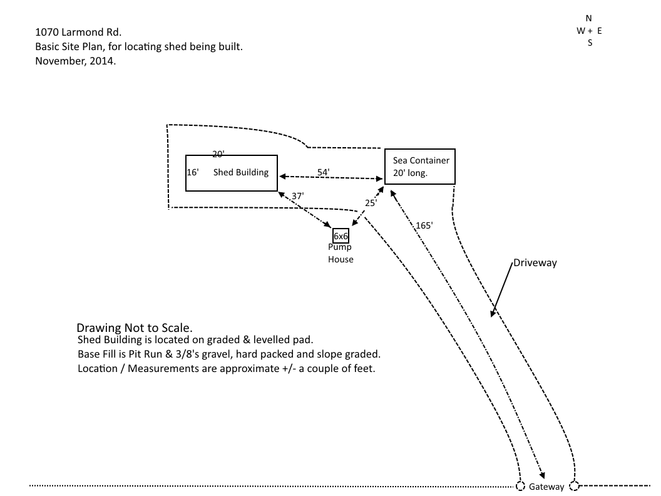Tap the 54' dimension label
324,172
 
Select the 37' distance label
297,196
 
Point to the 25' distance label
371,203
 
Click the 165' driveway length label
424,225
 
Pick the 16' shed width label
193,172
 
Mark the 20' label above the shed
218,154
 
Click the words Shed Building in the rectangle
241,172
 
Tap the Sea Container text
421,160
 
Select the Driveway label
535,263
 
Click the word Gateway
546,487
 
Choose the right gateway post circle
574,486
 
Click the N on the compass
588,18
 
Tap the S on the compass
590,43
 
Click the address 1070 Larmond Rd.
78,32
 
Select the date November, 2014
76,61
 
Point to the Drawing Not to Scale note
135,328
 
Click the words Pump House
341,253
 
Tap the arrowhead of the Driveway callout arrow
491,314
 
